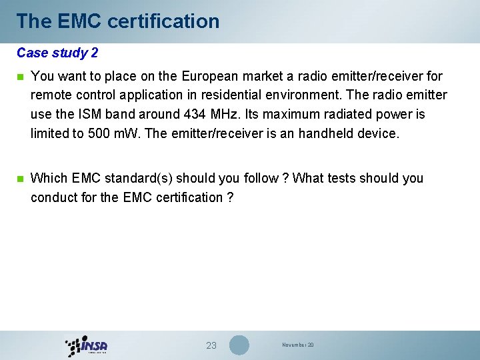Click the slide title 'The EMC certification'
pyautogui.click(x=118, y=21)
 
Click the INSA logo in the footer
pyautogui.click(x=87, y=345)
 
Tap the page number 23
pyautogui.click(x=211, y=345)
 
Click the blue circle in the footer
pyautogui.click(x=239, y=345)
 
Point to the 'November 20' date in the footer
pyautogui.click(x=297, y=345)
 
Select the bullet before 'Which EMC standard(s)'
pyautogui.click(x=19, y=179)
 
